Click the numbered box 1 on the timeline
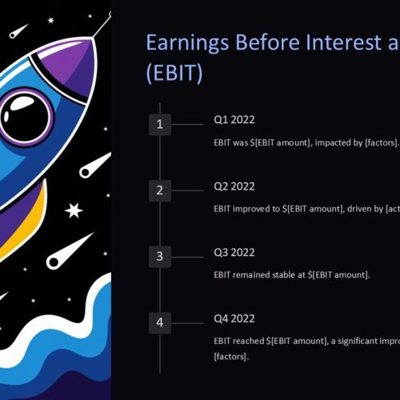(160, 124)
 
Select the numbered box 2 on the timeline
(160, 190)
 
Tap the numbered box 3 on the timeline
(160, 257)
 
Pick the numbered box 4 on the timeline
(160, 322)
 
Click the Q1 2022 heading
(234, 120)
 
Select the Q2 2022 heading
(234, 186)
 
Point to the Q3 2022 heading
(234, 252)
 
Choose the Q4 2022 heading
(234, 318)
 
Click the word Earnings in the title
(187, 42)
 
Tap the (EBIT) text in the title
(174, 73)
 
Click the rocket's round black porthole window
(26, 118)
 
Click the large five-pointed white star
(74, 210)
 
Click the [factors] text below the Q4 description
(231, 357)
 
